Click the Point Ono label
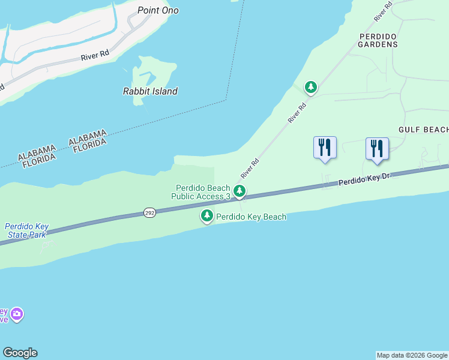click(158, 10)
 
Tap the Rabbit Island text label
click(150, 91)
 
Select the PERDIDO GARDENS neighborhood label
click(378, 40)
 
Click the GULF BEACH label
click(423, 130)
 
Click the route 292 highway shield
click(149, 213)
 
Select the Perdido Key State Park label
click(26, 230)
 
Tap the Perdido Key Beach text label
click(251, 217)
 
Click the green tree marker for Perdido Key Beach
click(207, 215)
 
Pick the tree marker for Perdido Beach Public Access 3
click(240, 192)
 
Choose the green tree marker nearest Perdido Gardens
click(310, 88)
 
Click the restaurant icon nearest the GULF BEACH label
click(377, 149)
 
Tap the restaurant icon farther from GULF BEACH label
click(325, 148)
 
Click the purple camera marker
click(17, 314)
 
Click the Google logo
click(20, 353)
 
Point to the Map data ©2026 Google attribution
click(412, 355)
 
